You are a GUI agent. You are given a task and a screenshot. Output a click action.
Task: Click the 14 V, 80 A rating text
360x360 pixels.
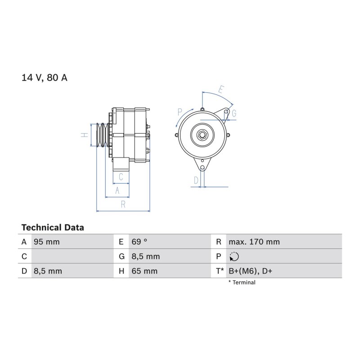[x=44, y=77]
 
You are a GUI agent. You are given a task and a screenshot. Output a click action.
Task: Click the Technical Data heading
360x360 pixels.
[x=53, y=228]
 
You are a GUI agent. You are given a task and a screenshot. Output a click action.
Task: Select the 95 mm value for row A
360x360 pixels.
[x=47, y=242]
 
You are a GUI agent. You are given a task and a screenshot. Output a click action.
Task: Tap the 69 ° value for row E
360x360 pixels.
[x=139, y=242]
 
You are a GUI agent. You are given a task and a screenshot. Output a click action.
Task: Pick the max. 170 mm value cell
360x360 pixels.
[x=254, y=242]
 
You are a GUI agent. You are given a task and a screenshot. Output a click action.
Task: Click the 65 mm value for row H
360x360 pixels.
[x=144, y=271]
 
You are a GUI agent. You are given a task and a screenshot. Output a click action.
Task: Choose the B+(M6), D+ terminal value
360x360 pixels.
[x=250, y=271]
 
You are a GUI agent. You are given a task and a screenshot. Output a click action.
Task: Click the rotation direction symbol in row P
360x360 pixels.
[x=234, y=256]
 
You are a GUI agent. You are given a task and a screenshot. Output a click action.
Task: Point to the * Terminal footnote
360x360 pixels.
[x=242, y=283]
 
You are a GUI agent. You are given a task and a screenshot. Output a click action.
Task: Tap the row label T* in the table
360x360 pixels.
[x=220, y=271]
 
